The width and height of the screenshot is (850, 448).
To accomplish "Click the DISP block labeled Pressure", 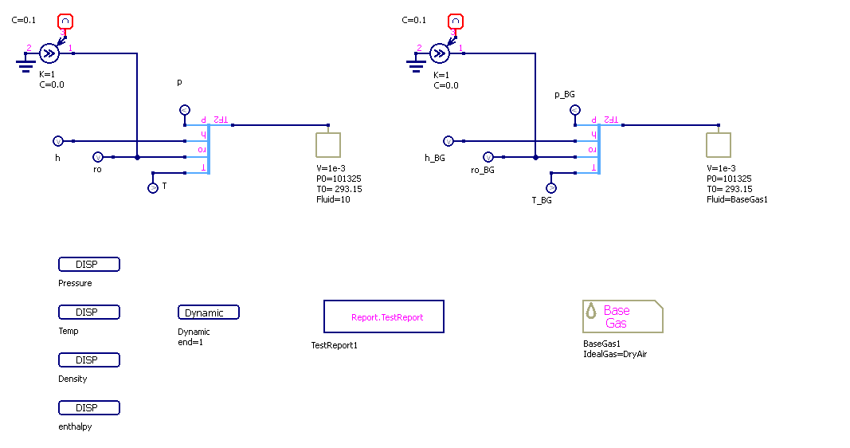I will [88, 265].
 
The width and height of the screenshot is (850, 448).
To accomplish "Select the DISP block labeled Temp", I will [88, 312].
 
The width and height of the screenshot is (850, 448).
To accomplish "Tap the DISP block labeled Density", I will [88, 360].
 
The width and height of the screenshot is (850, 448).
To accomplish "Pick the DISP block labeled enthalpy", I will [88, 408].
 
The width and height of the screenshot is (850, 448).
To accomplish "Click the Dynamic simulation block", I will [208, 312].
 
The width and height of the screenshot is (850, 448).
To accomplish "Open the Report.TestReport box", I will [383, 316].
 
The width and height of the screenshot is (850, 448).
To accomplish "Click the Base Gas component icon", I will [622, 316].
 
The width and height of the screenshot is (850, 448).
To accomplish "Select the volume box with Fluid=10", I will [328, 145].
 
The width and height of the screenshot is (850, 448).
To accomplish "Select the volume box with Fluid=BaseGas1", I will [719, 145].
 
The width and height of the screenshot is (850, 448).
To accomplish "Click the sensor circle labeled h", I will [58, 141].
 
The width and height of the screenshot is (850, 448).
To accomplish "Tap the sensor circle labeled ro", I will [98, 157].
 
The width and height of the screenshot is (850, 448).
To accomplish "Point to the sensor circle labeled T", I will [153, 188].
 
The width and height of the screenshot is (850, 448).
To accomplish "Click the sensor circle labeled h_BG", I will [449, 141].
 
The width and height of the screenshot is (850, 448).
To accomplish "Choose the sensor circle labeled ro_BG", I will [488, 157].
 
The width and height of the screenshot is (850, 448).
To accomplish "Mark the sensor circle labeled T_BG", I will [550, 188].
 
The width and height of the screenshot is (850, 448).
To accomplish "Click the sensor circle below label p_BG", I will [574, 110].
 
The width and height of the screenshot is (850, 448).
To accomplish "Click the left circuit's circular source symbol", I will [48, 53].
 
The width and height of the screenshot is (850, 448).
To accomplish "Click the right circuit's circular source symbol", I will [439, 53].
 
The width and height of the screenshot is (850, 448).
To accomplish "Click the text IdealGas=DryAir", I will [615, 353].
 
